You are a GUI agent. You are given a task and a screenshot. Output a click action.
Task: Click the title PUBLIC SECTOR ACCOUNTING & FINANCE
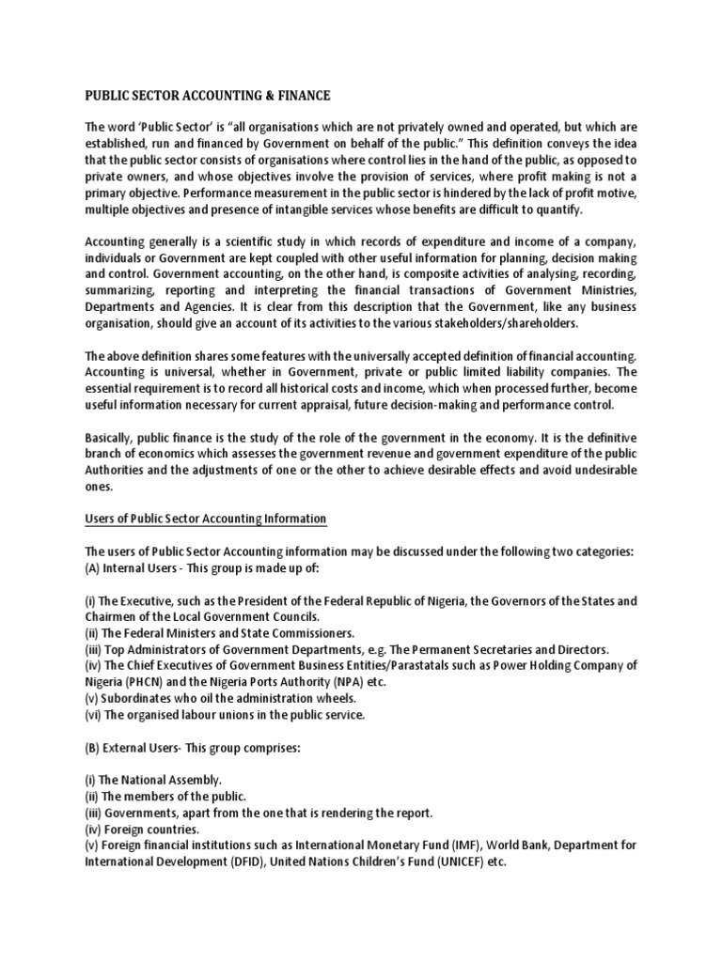(208, 95)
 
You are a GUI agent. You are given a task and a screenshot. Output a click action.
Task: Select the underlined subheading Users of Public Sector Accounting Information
(206, 519)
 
